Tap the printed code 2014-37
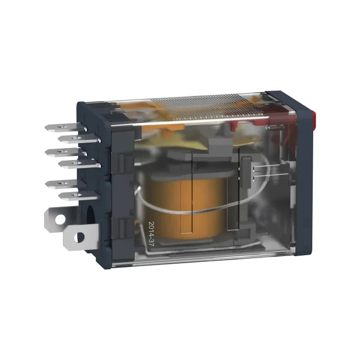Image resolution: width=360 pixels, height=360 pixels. [152, 234]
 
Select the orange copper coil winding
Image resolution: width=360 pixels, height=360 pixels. [185, 207]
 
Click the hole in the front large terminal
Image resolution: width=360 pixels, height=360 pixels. [80, 237]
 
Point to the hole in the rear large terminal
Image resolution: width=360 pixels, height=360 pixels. [59, 220]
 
